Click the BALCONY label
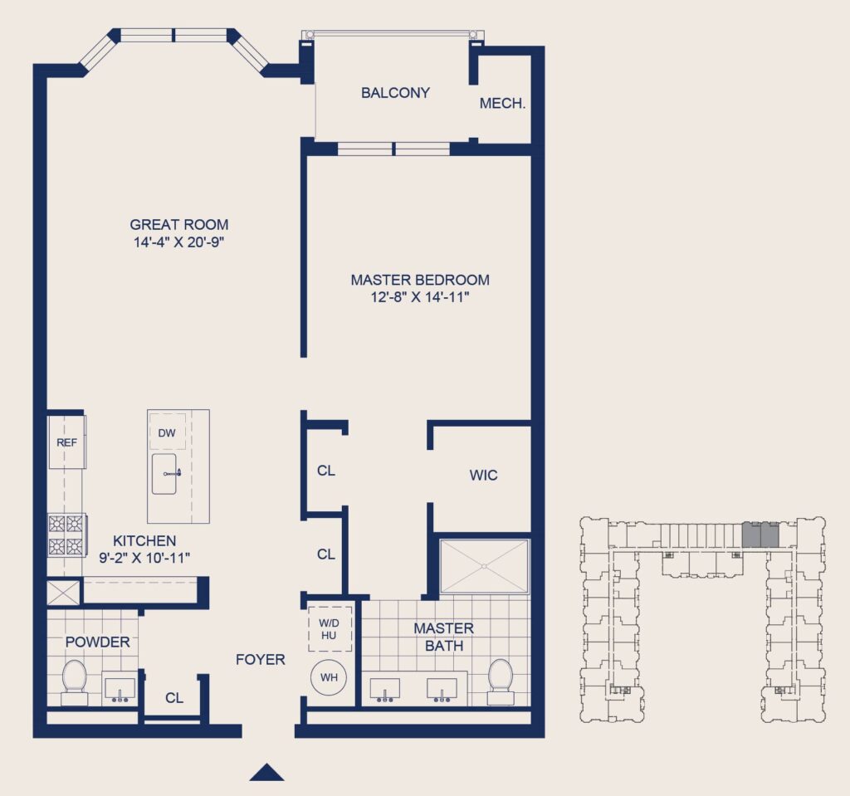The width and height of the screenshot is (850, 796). tap(395, 93)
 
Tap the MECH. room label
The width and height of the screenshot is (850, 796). tap(502, 104)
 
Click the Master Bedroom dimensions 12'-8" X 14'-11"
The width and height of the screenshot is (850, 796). tap(420, 298)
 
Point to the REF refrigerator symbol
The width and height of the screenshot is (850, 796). tap(66, 442)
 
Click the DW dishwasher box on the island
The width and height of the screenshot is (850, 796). tap(167, 432)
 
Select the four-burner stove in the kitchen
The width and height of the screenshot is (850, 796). tap(66, 535)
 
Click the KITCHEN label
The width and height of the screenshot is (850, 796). tap(144, 541)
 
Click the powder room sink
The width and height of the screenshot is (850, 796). tap(120, 689)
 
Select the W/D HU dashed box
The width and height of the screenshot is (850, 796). tap(330, 629)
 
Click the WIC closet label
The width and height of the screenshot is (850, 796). tap(483, 476)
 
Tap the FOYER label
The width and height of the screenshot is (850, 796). tap(260, 660)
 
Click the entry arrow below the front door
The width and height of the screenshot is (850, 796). tap(266, 773)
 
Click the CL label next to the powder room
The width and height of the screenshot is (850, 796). tap(173, 698)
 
